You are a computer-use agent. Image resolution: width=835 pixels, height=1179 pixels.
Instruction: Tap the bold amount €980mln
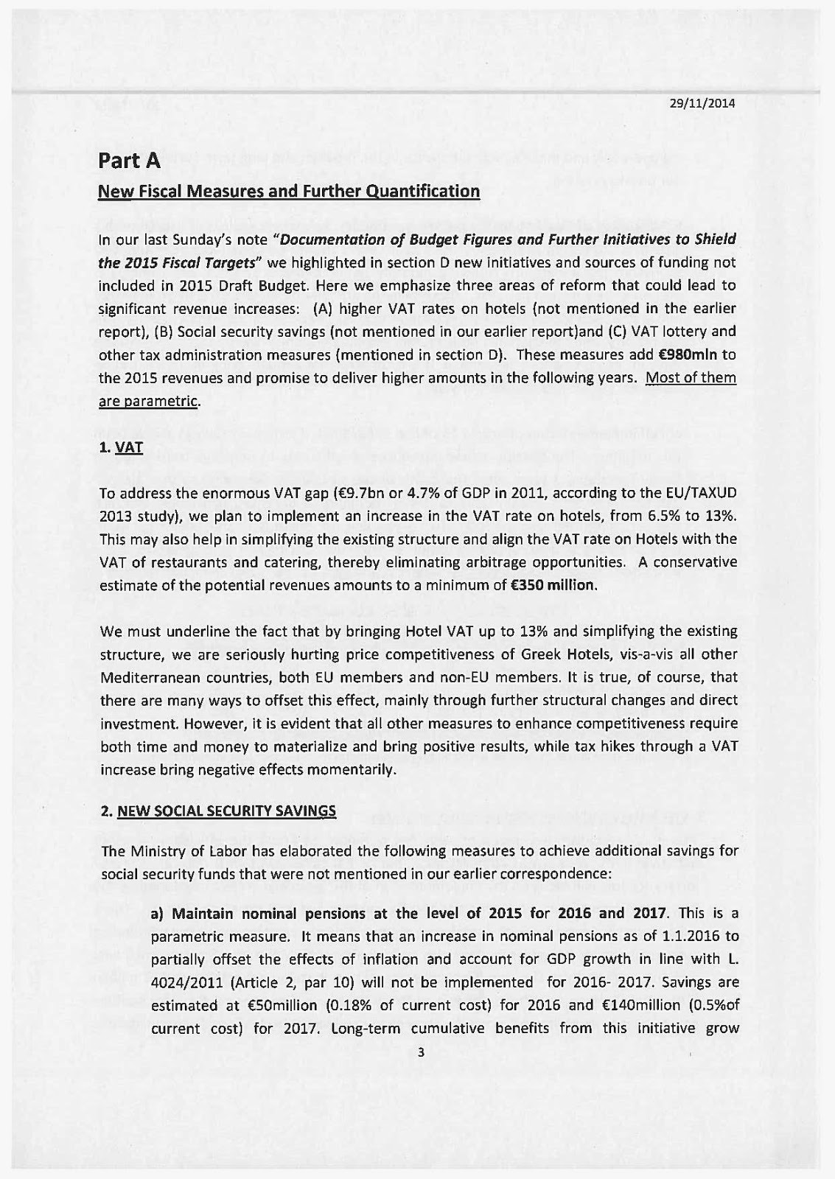click(x=684, y=355)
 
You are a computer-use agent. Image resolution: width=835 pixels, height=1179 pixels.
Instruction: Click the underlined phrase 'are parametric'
click(x=149, y=402)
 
